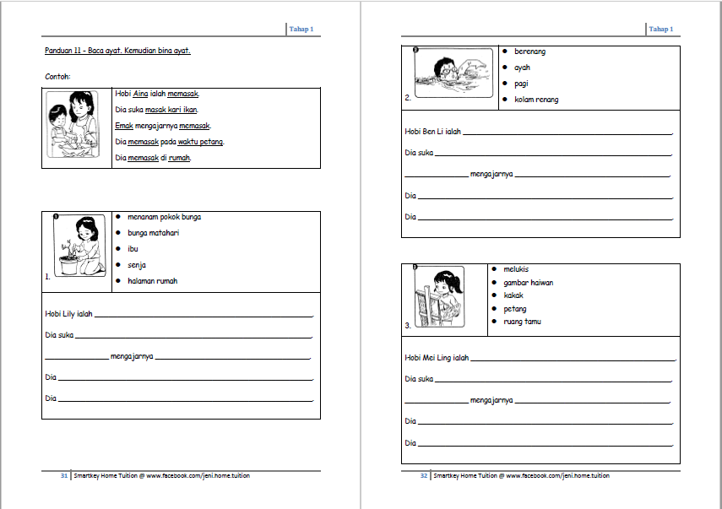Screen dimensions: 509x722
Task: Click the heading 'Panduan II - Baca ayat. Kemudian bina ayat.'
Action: click(117, 51)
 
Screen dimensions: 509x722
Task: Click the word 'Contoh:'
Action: click(57, 77)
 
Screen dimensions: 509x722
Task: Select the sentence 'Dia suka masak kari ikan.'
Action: click(157, 110)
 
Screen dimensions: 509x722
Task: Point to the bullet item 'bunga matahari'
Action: click(154, 233)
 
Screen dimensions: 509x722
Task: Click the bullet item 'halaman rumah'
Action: click(153, 281)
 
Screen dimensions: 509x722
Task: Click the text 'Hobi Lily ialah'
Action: click(68, 314)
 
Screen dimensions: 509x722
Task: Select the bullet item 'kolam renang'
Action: click(536, 100)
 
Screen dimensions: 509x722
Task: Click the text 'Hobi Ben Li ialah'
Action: click(432, 133)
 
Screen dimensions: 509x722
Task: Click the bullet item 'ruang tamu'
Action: click(522, 322)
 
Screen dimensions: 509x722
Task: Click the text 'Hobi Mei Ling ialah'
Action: click(437, 358)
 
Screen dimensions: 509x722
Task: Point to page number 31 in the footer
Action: click(63, 476)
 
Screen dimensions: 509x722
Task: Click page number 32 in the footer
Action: click(424, 476)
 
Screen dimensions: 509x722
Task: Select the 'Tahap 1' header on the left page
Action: click(301, 30)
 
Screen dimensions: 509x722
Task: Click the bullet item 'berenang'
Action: click(529, 51)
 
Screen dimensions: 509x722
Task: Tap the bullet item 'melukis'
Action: click(516, 269)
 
